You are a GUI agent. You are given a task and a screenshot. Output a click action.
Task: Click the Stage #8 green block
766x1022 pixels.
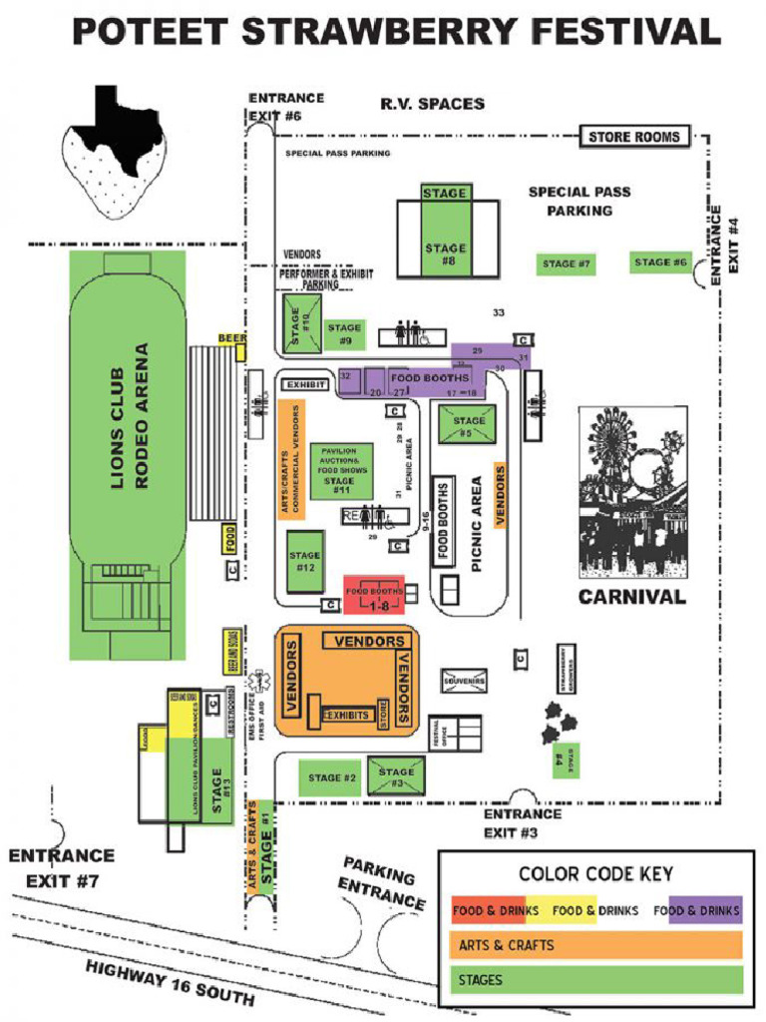click(x=446, y=240)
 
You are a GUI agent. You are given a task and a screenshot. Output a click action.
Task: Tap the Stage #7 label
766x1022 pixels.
click(x=567, y=264)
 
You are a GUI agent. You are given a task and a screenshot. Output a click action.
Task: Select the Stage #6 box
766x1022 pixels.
click(x=660, y=262)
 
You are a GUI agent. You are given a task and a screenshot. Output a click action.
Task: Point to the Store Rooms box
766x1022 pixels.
click(x=633, y=137)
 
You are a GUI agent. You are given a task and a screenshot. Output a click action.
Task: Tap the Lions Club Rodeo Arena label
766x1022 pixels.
click(x=130, y=416)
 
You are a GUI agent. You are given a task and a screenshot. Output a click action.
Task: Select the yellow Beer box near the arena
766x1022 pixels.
click(x=232, y=338)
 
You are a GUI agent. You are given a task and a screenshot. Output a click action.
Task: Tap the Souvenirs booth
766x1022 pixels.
click(x=464, y=681)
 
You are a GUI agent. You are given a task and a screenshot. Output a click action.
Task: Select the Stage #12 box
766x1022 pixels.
click(x=304, y=561)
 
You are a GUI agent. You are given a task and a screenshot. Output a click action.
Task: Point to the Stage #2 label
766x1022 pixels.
click(x=332, y=777)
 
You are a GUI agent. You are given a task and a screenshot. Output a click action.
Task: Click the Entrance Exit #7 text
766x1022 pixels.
click(x=62, y=868)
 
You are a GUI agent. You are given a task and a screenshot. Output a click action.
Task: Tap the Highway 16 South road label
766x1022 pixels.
click(x=170, y=983)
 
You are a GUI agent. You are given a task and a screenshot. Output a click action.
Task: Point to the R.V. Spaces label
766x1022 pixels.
click(x=432, y=104)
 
